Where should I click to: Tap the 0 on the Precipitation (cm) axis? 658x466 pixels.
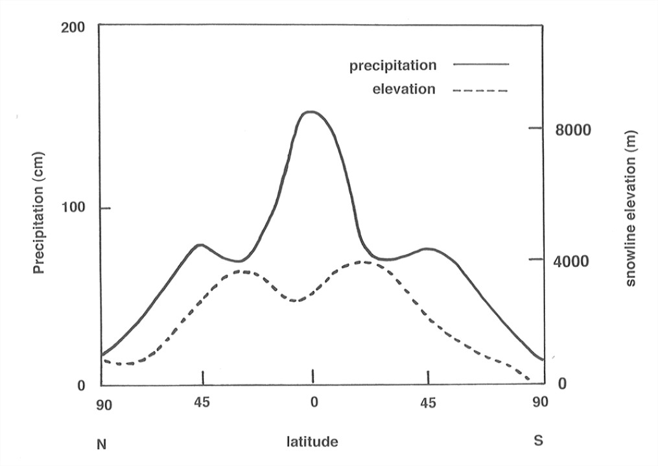pyautogui.click(x=81, y=386)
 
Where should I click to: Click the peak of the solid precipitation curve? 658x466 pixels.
pyautogui.click(x=311, y=112)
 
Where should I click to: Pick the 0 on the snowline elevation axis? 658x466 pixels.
pyautogui.click(x=562, y=384)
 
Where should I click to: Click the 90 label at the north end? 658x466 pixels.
pyautogui.click(x=104, y=405)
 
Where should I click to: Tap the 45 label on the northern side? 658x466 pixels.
pyautogui.click(x=203, y=402)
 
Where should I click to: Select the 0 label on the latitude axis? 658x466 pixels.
pyautogui.click(x=314, y=402)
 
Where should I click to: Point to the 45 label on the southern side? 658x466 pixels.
pyautogui.click(x=428, y=402)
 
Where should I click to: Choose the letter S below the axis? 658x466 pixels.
pyautogui.click(x=539, y=441)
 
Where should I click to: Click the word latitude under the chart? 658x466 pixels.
pyautogui.click(x=312, y=443)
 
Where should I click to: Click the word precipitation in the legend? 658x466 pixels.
pyautogui.click(x=393, y=65)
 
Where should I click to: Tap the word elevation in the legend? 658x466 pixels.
pyautogui.click(x=404, y=89)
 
